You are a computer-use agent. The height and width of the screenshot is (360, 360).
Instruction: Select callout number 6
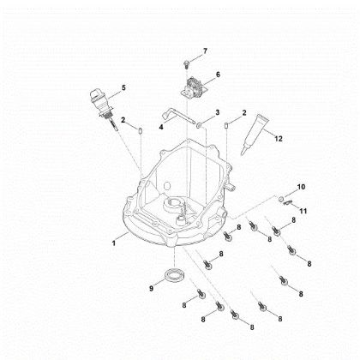coord(217,75)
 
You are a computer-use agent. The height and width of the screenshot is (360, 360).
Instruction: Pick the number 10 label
coord(300,187)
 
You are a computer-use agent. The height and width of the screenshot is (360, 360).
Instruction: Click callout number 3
coord(217,112)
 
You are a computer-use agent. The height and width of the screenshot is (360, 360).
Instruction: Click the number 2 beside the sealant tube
coord(244,112)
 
